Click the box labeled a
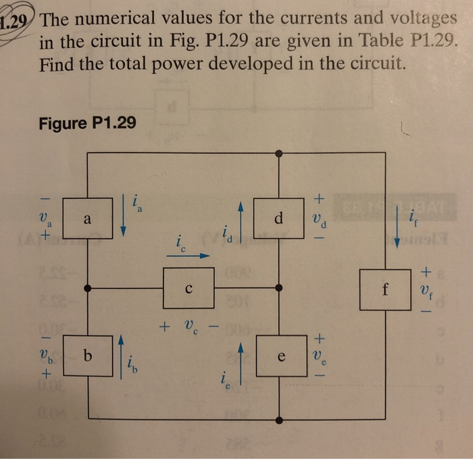point(87,219)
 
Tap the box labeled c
point(189,288)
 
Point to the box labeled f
point(384,290)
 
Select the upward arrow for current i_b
point(121,356)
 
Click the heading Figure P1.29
point(87,124)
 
